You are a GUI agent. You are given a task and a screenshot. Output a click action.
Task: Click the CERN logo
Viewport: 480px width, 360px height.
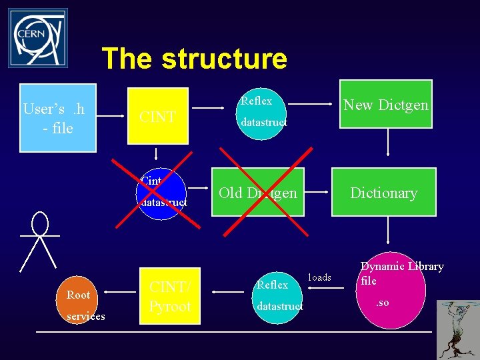pos(37,38)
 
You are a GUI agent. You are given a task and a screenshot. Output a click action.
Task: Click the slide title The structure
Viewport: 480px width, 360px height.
pos(194,59)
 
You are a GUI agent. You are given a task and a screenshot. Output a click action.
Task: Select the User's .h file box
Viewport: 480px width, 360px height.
pos(58,118)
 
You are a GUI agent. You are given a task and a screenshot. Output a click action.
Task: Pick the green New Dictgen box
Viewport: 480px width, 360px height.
pos(386,105)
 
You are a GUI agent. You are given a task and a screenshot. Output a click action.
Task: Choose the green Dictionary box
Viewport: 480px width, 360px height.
pos(384,193)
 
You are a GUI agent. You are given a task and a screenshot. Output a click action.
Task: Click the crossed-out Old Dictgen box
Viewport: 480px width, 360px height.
pos(257,193)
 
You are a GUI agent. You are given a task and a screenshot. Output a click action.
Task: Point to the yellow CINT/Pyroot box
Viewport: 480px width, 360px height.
pos(170,296)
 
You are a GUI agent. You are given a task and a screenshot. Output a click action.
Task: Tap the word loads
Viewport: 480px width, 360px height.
pos(320,277)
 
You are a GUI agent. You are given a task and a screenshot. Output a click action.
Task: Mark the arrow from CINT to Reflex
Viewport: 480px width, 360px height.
pos(213,107)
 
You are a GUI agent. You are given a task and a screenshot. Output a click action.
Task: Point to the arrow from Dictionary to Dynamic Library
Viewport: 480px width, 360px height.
pos(389,234)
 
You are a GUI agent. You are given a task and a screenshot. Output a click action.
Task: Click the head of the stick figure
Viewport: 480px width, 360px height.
pos(40,223)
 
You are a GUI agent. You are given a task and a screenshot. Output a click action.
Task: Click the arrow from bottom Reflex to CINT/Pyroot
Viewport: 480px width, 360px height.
pos(226,291)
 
